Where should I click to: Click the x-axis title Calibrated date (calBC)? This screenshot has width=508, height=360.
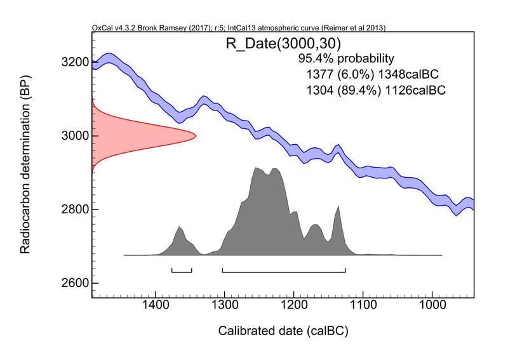click(284, 331)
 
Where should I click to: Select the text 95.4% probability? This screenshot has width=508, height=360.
click(347, 58)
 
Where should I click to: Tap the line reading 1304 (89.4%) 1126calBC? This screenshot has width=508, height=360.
click(375, 90)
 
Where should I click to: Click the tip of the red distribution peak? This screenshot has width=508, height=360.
click(195, 135)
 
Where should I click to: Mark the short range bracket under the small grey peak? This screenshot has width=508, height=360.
click(182, 272)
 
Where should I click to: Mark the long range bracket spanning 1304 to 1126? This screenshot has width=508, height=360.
click(284, 272)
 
